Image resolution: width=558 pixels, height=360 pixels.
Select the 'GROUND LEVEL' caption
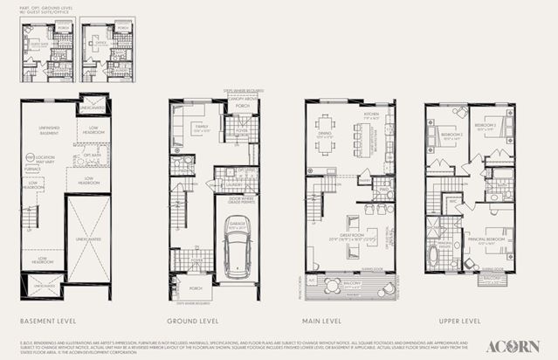tap(189, 321)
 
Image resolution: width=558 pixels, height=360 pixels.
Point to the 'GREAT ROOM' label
tap(347, 238)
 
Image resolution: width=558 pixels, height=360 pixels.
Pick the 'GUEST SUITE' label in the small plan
tap(37, 42)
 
